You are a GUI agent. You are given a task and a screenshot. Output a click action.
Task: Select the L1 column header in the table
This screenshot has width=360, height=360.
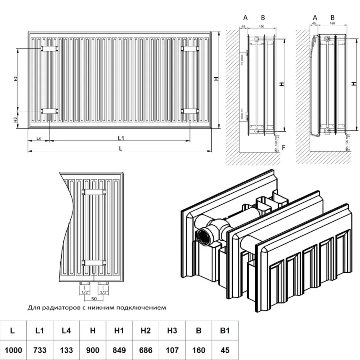pyautogui.click(x=39, y=330)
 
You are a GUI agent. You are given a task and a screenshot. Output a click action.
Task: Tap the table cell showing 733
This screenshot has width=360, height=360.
pyautogui.click(x=39, y=350)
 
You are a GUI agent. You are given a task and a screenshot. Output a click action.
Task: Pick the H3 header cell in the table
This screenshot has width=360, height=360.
pyautogui.click(x=172, y=330)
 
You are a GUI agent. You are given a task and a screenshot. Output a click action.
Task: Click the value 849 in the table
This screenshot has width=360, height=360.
pyautogui.click(x=119, y=350)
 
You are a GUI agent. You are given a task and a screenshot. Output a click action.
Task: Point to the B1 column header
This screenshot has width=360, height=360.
pyautogui.click(x=225, y=330)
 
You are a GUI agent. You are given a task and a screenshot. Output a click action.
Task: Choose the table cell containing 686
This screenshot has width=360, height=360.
pyautogui.click(x=145, y=350)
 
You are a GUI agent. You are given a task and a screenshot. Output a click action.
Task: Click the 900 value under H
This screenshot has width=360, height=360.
pyautogui.click(x=92, y=350)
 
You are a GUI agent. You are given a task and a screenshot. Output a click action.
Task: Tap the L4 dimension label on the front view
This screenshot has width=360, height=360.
pyautogui.click(x=39, y=138)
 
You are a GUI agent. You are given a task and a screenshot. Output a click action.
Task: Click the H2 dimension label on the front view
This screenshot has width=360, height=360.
pyautogui.click(x=15, y=79)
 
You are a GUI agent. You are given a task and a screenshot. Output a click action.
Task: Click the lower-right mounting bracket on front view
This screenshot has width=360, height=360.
pyautogui.click(x=190, y=111)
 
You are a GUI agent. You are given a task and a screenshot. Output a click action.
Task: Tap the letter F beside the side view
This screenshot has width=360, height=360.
pyautogui.click(x=283, y=148)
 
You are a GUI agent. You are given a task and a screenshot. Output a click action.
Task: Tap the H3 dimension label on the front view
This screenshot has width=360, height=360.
pyautogui.click(x=15, y=119)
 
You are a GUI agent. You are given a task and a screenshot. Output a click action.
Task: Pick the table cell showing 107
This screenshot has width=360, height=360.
pyautogui.click(x=172, y=350)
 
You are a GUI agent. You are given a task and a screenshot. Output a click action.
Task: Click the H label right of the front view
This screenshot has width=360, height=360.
pyautogui.click(x=216, y=79)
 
